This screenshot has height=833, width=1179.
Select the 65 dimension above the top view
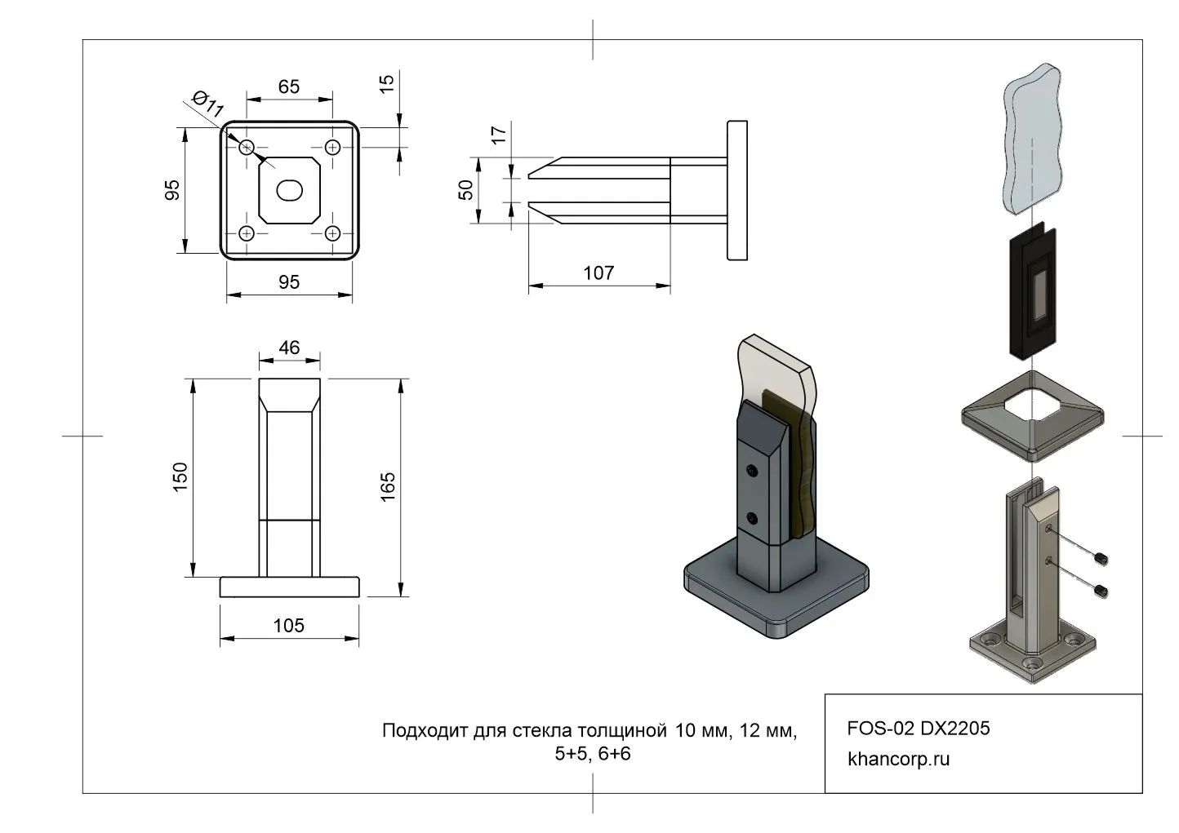[x=289, y=86]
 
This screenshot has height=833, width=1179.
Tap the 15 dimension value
[x=387, y=82]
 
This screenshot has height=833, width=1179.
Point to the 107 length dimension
[x=598, y=272]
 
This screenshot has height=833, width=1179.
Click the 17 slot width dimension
[x=500, y=134]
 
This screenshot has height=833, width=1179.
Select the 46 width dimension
[x=289, y=348]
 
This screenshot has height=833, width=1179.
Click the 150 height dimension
[x=180, y=476]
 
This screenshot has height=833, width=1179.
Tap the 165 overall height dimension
[x=388, y=486]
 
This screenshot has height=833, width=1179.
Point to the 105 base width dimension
[x=289, y=625]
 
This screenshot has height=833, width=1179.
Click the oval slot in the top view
[x=290, y=190]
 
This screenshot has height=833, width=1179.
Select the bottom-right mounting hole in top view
[x=332, y=233]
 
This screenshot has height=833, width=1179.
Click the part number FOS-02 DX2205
[x=919, y=728]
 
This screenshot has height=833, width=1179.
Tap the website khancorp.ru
[x=899, y=759]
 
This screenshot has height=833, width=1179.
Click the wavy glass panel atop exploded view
[x=1033, y=139]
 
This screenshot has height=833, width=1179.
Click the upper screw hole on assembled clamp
[x=751, y=471]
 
